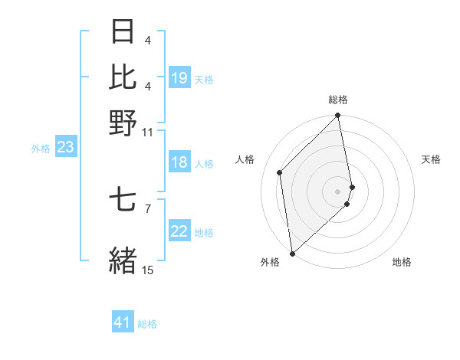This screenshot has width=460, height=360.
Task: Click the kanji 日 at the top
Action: coord(123,32)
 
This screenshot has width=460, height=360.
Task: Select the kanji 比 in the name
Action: coord(123,77)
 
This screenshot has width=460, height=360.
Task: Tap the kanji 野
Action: coord(123,123)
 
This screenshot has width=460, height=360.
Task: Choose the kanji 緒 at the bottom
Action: coord(123,258)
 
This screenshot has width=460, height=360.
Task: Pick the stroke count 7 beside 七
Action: coord(148,208)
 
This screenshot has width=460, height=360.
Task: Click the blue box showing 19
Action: coord(179,77)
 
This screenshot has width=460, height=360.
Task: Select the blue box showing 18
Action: coord(179,162)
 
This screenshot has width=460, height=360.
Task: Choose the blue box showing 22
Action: coord(179,231)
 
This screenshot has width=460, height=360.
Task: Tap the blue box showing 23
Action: coord(65,148)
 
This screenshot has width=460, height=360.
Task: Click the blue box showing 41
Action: coord(123,322)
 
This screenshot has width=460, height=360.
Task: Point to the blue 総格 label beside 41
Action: coord(148,324)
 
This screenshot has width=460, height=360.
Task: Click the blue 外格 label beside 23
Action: coord(40,149)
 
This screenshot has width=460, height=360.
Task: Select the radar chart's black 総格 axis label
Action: coord(338,100)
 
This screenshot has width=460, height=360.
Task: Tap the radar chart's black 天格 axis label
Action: coord(432,159)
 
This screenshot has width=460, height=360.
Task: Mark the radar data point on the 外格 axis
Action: coord(292,254)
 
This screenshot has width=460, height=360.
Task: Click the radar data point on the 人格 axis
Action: coord(280,172)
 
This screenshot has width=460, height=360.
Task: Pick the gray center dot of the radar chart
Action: coord(338,191)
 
